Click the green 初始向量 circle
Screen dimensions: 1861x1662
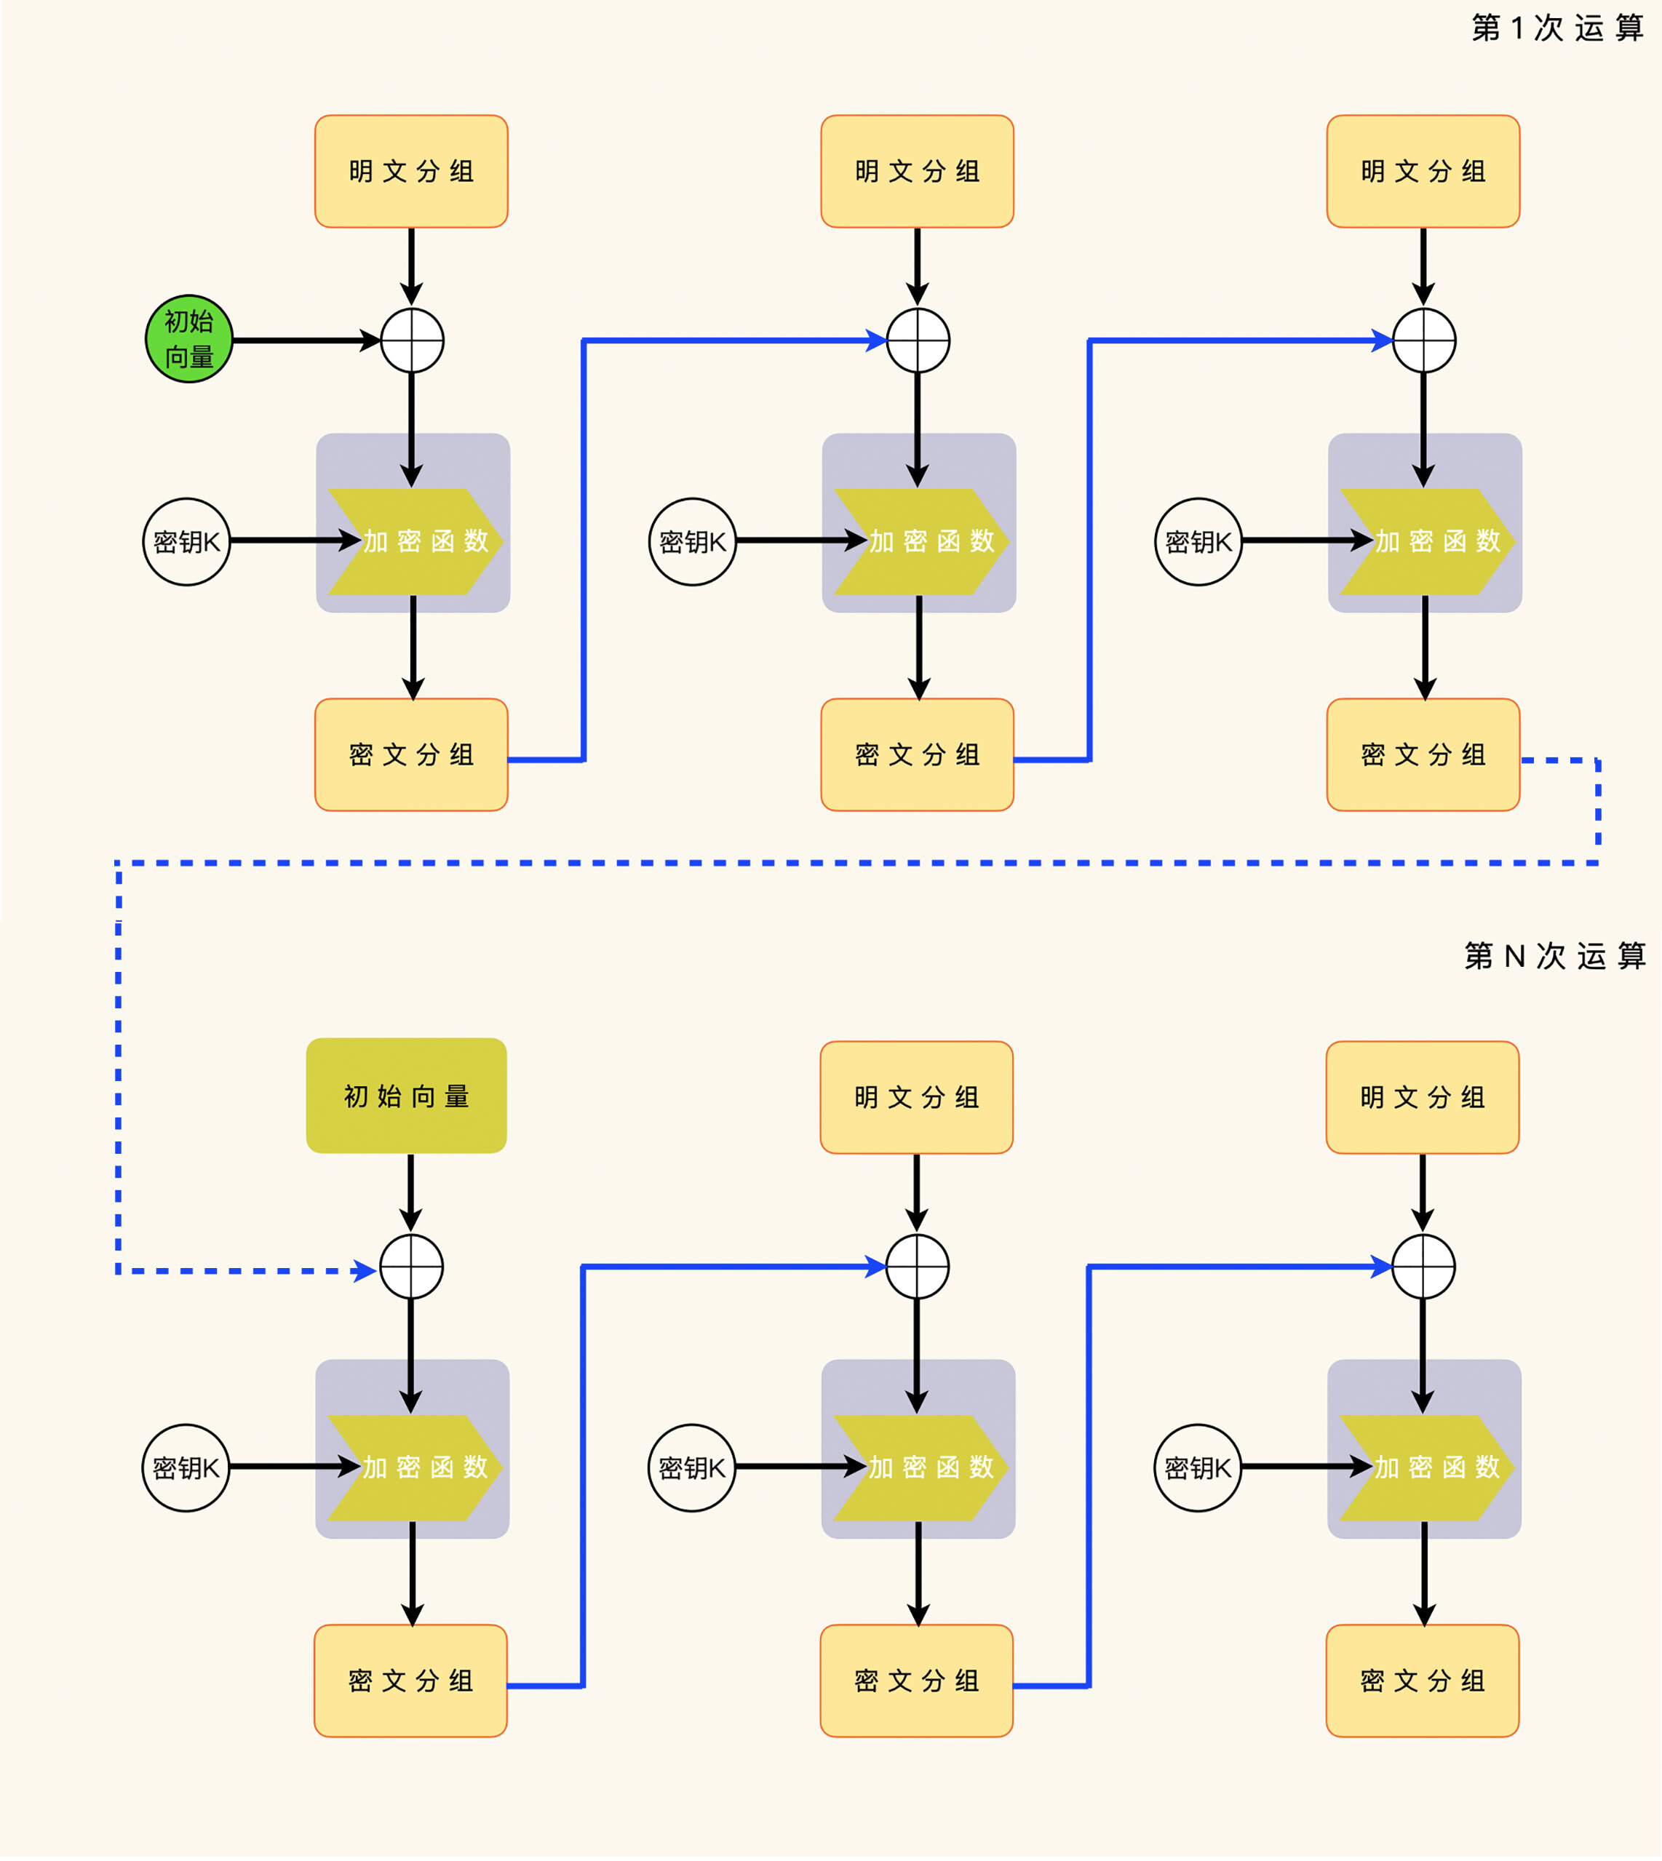pos(189,339)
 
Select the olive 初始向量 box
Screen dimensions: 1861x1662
pos(406,1096)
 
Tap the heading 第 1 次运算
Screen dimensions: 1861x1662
pos(1557,28)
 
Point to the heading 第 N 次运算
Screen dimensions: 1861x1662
pos(1554,956)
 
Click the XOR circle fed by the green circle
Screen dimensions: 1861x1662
pos(412,340)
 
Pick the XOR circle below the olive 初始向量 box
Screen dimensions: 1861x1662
pos(411,1267)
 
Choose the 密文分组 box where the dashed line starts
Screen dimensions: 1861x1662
pos(1423,755)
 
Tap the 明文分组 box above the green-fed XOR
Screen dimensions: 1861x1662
pos(411,172)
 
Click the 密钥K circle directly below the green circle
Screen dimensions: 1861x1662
pos(186,541)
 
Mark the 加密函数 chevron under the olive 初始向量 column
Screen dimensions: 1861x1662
pos(415,1467)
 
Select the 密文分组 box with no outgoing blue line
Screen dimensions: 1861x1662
pos(1422,1681)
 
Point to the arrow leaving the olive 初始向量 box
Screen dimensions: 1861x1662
pos(411,1192)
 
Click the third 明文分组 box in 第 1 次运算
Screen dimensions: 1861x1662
pos(1423,172)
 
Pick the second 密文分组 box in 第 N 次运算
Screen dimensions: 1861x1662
pos(916,1681)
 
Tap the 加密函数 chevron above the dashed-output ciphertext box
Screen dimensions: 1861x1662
pos(1426,541)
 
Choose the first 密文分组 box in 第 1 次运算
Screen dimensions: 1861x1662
pos(411,755)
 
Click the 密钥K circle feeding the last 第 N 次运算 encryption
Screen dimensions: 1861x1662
pos(1198,1467)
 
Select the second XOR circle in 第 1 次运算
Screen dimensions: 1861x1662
pos(918,340)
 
